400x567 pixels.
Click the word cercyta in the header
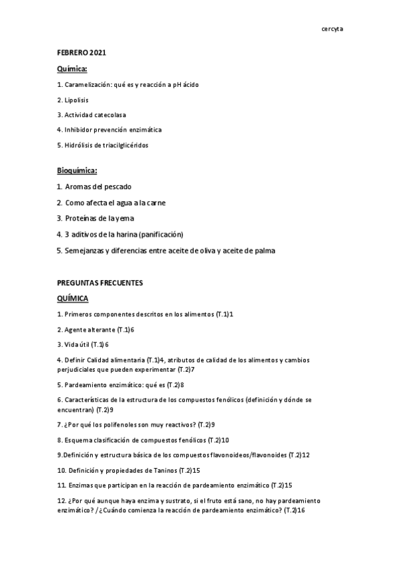(332, 29)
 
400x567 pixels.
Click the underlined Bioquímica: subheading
(77, 171)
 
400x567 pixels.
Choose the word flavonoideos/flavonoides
(249, 455)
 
